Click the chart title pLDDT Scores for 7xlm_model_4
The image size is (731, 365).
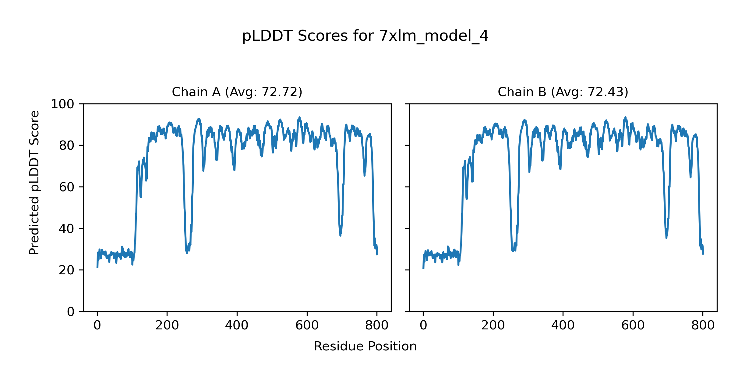(365, 36)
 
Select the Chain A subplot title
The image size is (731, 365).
(237, 92)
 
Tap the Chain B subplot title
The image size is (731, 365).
(563, 92)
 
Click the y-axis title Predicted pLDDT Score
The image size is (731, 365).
(34, 182)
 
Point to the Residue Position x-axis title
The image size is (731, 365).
(365, 346)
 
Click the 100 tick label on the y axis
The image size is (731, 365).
(62, 104)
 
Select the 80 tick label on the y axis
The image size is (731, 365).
(67, 146)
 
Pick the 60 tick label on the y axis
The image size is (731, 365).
(67, 187)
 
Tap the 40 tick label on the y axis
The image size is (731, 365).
(67, 229)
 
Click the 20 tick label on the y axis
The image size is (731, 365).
(67, 270)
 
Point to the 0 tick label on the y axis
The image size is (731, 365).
(71, 312)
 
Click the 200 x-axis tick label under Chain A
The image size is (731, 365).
(167, 325)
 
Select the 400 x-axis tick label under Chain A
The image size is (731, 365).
(237, 325)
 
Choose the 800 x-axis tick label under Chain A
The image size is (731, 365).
(377, 325)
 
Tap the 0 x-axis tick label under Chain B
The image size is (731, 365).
(423, 325)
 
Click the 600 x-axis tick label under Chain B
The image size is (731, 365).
(633, 325)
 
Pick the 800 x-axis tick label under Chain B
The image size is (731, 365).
(703, 325)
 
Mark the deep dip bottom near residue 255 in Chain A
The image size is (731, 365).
(187, 253)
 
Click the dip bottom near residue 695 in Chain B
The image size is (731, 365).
(666, 238)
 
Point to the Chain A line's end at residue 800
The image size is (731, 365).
(377, 254)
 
